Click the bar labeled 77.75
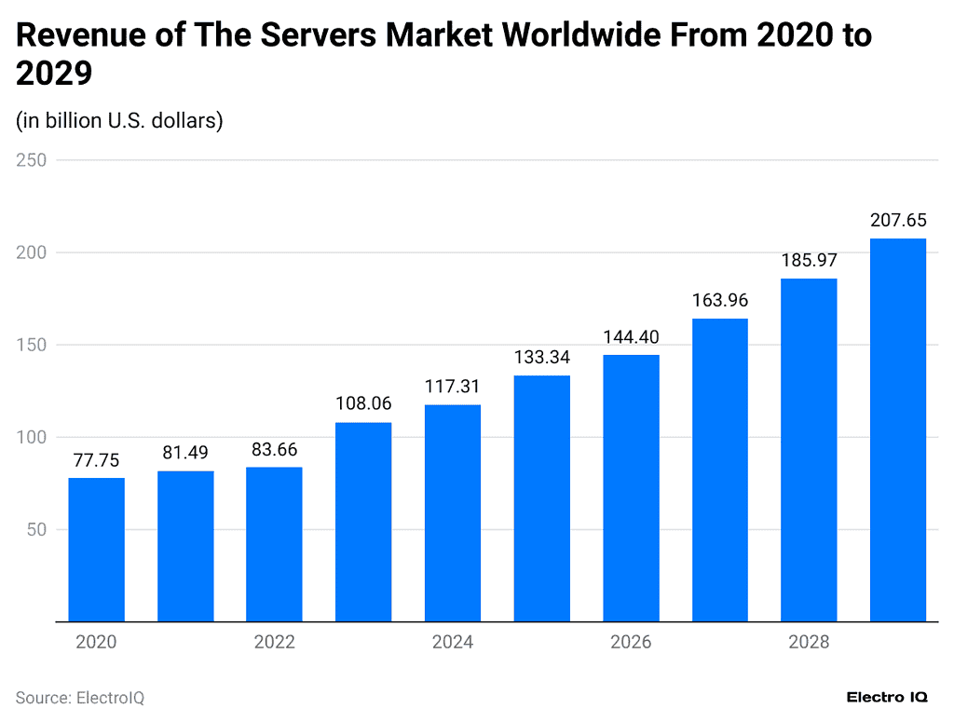(97, 550)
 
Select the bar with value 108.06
(363, 522)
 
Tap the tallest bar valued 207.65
(898, 429)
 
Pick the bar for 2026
(631, 488)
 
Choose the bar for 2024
(453, 512)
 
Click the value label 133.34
(541, 357)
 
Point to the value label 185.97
(809, 260)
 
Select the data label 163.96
(720, 300)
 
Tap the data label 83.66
(274, 449)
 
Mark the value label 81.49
(185, 453)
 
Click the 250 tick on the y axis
(32, 160)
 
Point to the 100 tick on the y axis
(32, 437)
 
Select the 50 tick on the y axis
(36, 529)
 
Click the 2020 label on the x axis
(97, 642)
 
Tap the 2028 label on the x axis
(809, 642)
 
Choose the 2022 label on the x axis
(274, 642)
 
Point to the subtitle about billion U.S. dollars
(119, 121)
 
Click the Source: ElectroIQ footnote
(80, 698)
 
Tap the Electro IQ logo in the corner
(887, 697)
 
